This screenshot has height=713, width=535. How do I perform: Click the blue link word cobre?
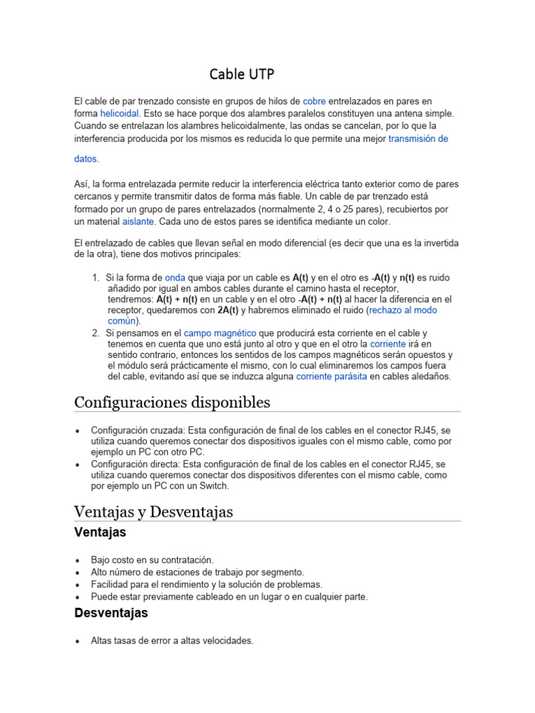(314, 101)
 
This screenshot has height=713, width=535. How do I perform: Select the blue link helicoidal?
(120, 113)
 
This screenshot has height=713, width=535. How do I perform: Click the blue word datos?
(86, 159)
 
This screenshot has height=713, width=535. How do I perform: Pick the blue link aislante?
(138, 221)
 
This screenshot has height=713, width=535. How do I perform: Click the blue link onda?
(175, 276)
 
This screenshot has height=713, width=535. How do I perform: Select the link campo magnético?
(220, 333)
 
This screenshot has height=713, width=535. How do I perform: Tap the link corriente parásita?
(331, 376)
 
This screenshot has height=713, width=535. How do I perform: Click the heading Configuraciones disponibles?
(172, 402)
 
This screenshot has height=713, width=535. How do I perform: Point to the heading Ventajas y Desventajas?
(153, 512)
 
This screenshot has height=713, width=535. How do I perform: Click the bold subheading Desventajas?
(111, 613)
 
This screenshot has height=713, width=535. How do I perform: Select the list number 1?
(95, 276)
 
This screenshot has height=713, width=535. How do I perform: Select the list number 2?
(95, 333)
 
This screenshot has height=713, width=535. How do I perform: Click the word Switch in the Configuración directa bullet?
(214, 486)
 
